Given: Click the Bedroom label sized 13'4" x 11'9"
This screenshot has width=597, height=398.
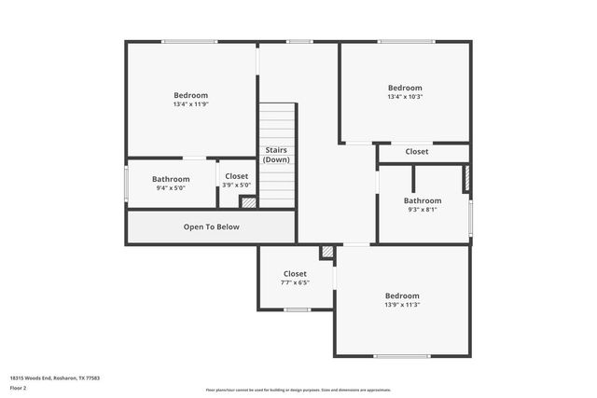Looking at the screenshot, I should pyautogui.click(x=190, y=95).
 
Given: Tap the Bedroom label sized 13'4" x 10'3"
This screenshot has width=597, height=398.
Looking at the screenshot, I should pyautogui.click(x=405, y=88).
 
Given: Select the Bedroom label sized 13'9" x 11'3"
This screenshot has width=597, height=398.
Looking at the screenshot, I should pyautogui.click(x=402, y=295).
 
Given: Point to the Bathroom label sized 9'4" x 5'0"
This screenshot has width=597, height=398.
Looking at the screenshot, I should pyautogui.click(x=171, y=179).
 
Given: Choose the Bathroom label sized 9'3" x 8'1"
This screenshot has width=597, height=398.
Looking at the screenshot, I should pyautogui.click(x=423, y=200).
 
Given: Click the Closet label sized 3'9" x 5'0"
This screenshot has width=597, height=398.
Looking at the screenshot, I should pyautogui.click(x=236, y=176).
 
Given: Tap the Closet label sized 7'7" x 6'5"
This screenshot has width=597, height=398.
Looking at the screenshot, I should pyautogui.click(x=295, y=274).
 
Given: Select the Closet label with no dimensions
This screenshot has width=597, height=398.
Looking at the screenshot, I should pyautogui.click(x=416, y=151).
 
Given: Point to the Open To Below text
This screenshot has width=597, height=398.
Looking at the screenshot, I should pyautogui.click(x=211, y=226).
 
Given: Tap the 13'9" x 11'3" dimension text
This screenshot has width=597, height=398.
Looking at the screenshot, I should pyautogui.click(x=402, y=305).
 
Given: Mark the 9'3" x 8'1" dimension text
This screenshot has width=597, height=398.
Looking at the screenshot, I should pyautogui.click(x=423, y=210).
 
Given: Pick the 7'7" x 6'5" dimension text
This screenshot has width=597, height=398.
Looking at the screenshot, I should pyautogui.click(x=295, y=282).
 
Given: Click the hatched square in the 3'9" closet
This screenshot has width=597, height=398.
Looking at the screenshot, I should pyautogui.click(x=248, y=201).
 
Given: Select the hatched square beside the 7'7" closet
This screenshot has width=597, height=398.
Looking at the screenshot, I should pyautogui.click(x=327, y=253).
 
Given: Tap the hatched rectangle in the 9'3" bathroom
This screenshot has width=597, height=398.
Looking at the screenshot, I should pyautogui.click(x=465, y=178).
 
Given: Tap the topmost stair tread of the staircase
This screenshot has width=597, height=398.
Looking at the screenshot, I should pyautogui.click(x=277, y=107).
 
